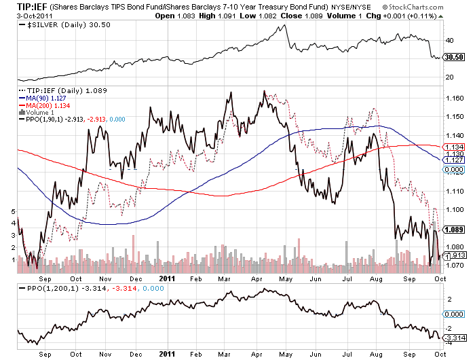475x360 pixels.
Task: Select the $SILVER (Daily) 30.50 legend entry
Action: tap(55, 25)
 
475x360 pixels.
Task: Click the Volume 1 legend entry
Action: tap(41, 111)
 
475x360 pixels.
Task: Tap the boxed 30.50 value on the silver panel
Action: tap(453, 58)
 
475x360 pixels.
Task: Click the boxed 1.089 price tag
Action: tap(453, 229)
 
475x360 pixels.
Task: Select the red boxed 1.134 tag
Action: tap(453, 147)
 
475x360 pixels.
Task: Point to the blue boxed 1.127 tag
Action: tap(453, 160)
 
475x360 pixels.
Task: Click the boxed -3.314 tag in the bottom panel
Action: tap(453, 337)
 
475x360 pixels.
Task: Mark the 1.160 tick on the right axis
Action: tap(453, 98)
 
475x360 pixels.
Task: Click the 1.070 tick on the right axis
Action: tap(453, 266)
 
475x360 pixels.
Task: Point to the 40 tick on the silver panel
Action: tap(449, 40)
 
